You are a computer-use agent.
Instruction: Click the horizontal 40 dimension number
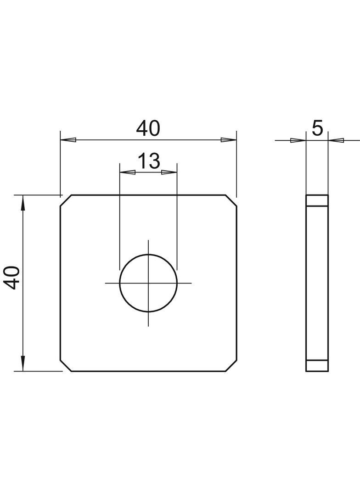[x=148, y=128]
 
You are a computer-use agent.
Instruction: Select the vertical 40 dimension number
[x=11, y=278]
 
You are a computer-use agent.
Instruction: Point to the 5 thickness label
[x=317, y=128]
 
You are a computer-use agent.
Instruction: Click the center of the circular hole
[x=148, y=283]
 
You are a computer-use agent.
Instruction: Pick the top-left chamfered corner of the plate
[x=66, y=200]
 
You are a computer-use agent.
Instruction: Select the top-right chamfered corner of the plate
[x=231, y=200]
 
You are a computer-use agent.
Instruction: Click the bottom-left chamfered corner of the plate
[x=66, y=365]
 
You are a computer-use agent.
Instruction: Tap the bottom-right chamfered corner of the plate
[x=231, y=365]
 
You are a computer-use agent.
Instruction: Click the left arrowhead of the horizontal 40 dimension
[x=68, y=140]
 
